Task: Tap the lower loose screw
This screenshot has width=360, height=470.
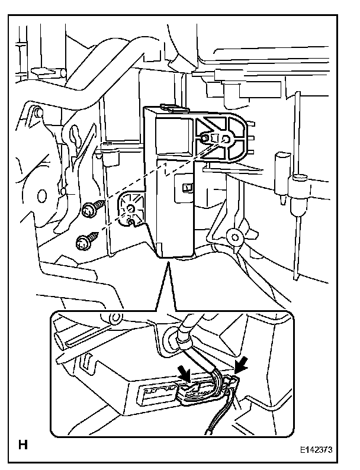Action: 83,241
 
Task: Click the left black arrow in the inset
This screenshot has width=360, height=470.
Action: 184,372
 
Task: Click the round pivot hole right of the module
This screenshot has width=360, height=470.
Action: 235,238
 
